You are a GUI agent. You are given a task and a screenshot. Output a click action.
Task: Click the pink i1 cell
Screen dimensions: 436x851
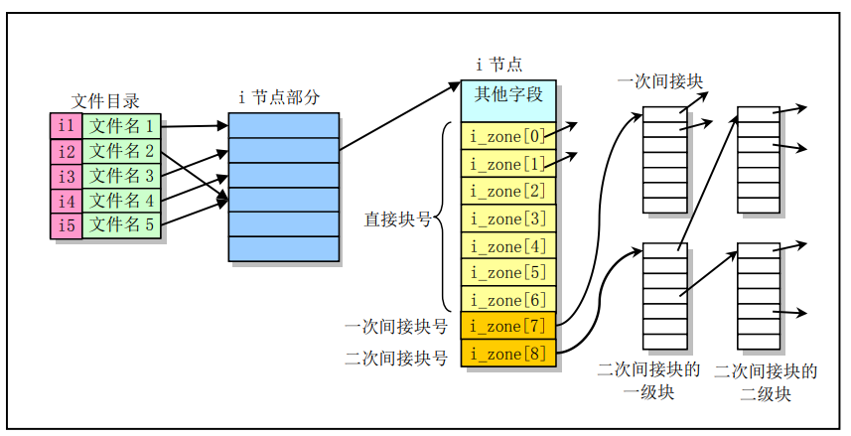[66, 126]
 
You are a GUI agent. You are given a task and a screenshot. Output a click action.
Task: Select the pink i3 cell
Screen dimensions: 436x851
[66, 176]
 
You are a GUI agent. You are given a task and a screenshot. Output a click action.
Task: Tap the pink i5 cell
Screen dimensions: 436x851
[66, 225]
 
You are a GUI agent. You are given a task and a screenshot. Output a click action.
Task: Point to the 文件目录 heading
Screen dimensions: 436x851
[105, 101]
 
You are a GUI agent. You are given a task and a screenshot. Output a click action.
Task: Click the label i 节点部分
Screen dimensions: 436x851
[280, 97]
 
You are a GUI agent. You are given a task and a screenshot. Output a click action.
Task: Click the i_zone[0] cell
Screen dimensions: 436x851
[507, 136]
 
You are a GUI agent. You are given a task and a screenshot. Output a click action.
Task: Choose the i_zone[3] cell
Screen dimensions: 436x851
[507, 218]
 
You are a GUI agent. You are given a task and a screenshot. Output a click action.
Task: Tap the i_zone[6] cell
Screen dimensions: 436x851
[507, 300]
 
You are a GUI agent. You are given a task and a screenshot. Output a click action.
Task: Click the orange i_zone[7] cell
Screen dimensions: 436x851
[507, 327]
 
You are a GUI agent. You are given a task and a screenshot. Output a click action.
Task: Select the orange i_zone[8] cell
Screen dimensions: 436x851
[507, 354]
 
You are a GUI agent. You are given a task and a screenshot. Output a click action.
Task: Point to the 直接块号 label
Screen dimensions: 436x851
[397, 218]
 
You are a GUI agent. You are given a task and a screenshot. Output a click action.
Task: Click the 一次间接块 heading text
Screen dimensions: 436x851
[660, 80]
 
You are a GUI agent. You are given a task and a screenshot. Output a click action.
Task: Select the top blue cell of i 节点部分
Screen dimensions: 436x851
[283, 125]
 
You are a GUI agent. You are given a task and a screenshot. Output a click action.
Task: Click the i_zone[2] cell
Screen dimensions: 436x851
[507, 191]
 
